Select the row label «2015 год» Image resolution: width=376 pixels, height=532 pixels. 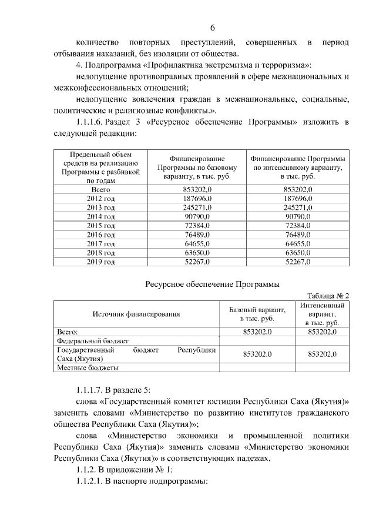tap(100, 226)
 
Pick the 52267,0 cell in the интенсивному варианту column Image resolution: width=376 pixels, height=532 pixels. tap(297, 262)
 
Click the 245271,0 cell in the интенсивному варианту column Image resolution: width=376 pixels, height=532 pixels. tap(297, 208)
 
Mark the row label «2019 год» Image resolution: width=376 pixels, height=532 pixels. tap(100, 262)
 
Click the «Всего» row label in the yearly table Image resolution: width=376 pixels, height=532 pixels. tap(100, 190)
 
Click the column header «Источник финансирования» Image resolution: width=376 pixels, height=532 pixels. tap(136, 314)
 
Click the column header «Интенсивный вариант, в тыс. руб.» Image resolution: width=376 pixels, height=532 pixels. tap(321, 314)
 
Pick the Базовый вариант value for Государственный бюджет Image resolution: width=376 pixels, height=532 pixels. tap(257, 354)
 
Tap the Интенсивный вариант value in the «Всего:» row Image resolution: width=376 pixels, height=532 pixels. tap(321, 332)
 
